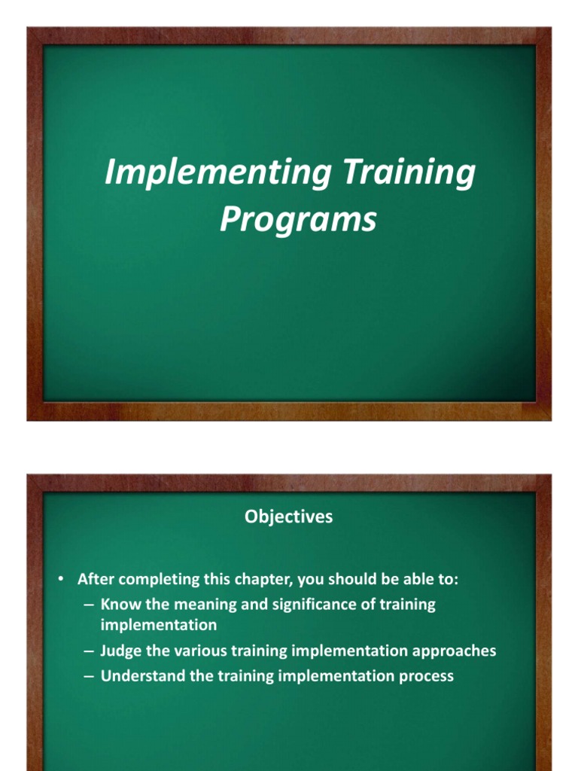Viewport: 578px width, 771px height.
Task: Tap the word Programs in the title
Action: tap(298, 220)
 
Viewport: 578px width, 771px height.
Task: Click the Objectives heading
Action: tap(289, 518)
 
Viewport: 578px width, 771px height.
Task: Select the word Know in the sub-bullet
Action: tap(117, 605)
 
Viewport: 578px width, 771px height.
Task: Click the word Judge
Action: tap(120, 651)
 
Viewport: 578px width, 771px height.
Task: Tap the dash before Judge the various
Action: tap(89, 652)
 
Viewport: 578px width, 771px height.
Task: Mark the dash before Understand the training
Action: tap(89, 677)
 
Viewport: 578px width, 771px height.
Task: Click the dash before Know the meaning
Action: tap(89, 605)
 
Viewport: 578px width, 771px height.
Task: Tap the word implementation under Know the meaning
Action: tap(159, 625)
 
